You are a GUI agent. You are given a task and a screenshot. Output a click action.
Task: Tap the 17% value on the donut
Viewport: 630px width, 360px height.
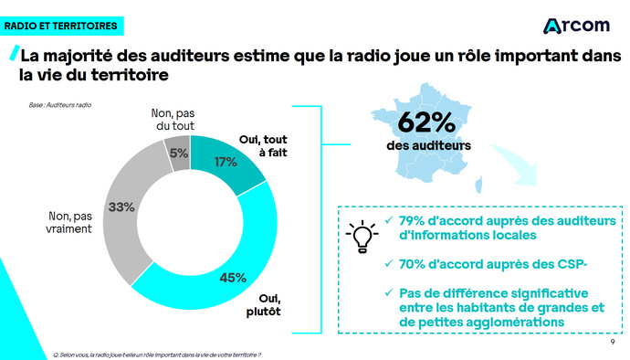coord(226,162)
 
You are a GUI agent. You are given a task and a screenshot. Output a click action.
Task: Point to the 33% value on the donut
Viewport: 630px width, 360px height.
coord(121,207)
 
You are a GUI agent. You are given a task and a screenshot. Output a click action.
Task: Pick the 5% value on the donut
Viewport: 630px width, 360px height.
coord(178,153)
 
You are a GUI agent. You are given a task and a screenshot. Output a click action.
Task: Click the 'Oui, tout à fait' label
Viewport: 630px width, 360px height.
coord(263,146)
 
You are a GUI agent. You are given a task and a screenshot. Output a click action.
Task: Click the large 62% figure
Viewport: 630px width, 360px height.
coord(425,122)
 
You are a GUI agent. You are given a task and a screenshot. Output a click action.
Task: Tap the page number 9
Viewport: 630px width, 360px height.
coord(611,344)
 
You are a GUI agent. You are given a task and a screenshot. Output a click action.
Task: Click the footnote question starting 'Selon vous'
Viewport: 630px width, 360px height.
coord(157,353)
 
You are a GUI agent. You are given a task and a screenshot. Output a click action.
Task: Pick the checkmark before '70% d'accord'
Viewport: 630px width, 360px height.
coord(390,265)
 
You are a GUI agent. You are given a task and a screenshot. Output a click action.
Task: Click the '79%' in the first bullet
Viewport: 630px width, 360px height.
coord(416,221)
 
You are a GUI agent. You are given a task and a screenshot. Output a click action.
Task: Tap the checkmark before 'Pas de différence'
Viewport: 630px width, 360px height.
coord(390,293)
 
